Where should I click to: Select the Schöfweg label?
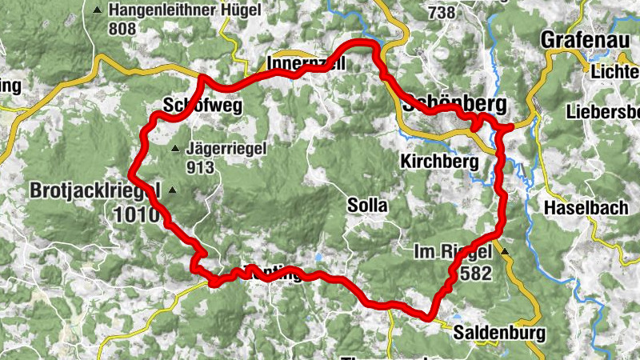190,106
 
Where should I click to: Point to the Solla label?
367,206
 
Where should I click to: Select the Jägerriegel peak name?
222,148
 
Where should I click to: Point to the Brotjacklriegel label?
96,190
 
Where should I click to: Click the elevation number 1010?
141,214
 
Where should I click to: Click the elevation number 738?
442,13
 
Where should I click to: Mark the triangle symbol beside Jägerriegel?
175,149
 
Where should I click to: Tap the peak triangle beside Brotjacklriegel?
171,190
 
